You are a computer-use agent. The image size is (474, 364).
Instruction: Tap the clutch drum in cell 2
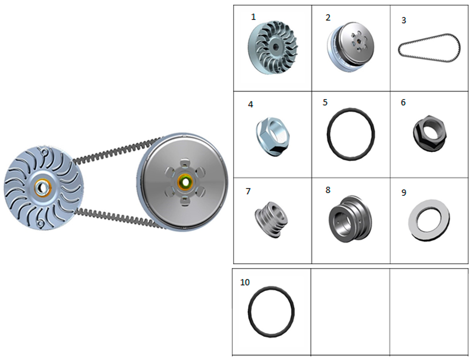click(351, 46)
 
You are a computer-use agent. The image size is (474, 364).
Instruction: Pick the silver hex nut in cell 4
click(273, 136)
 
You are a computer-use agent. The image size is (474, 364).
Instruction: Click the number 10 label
click(245, 282)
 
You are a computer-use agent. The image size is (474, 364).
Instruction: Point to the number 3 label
click(403, 20)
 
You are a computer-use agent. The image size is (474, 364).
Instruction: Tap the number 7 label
click(248, 191)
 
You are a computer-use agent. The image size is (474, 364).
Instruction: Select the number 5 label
click(325, 102)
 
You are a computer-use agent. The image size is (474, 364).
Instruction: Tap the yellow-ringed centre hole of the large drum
click(185, 182)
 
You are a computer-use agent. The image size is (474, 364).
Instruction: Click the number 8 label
click(328, 190)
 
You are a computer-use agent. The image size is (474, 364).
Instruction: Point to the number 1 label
click(253, 17)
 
